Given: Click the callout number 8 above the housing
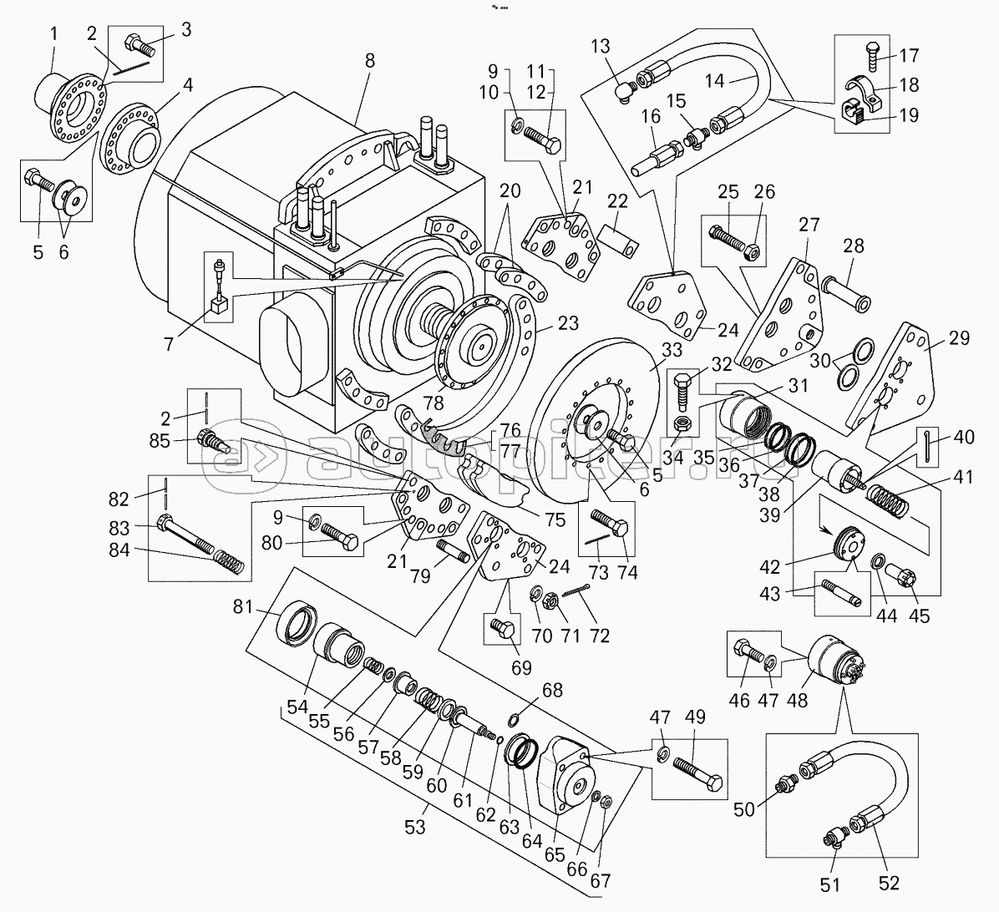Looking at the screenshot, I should click(x=370, y=60).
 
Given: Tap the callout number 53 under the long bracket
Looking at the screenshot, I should click(x=414, y=827).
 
